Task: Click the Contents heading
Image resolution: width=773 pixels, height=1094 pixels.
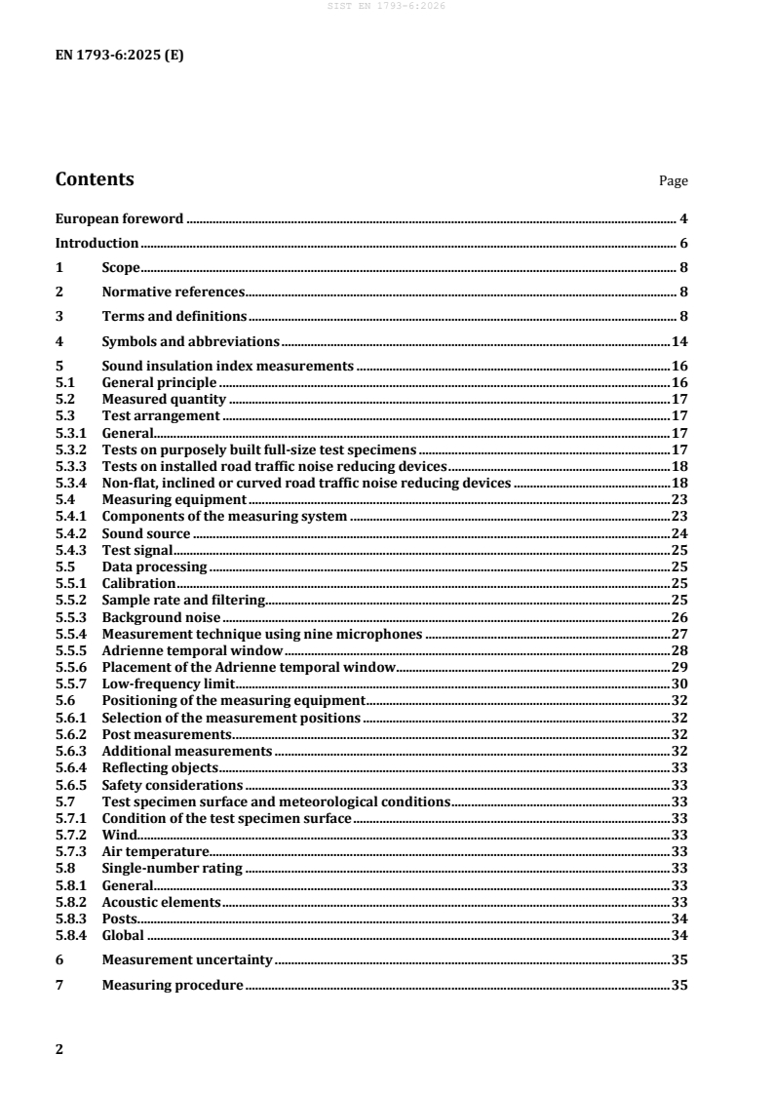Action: [95, 179]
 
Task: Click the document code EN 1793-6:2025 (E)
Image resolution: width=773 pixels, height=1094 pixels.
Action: [119, 56]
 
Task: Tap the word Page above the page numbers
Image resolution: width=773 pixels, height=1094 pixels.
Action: [674, 181]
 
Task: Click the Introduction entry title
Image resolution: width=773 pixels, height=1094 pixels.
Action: [97, 243]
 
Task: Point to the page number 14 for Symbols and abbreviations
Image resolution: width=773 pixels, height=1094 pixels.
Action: [680, 341]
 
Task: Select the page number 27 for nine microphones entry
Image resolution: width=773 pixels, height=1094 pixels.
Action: [680, 634]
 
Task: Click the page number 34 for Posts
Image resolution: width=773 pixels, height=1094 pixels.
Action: [680, 918]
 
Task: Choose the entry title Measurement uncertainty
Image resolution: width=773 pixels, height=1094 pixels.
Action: [187, 959]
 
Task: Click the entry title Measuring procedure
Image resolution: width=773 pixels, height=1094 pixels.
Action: [173, 985]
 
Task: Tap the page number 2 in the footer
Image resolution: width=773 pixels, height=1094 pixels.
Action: [59, 1049]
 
